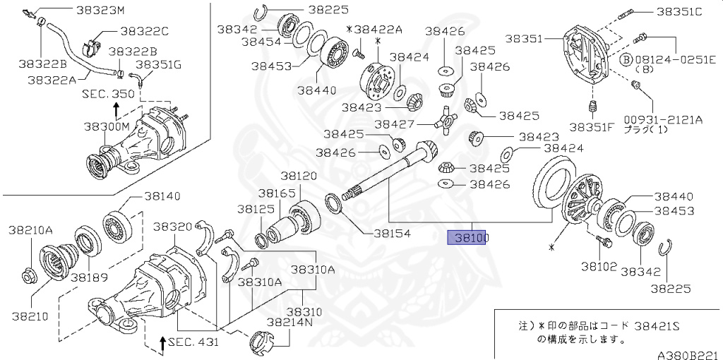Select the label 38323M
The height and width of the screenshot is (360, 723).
click(x=99, y=11)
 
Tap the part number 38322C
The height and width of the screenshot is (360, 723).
click(x=144, y=32)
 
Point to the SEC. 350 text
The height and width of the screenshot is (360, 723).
click(x=107, y=93)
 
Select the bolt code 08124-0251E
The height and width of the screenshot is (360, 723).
click(x=674, y=59)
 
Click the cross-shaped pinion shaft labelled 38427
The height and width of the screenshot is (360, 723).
click(x=445, y=122)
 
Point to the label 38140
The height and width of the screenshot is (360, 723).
click(x=162, y=196)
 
